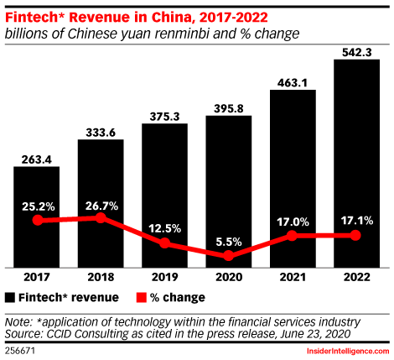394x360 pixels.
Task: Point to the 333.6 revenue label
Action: (x=101, y=130)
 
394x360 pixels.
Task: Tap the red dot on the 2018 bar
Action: (x=101, y=218)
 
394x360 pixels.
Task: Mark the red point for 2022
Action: (x=355, y=236)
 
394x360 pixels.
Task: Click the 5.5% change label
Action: (x=228, y=241)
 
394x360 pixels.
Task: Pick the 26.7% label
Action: (x=101, y=203)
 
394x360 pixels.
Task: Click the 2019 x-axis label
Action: (x=164, y=278)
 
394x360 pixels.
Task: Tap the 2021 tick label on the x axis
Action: (x=292, y=278)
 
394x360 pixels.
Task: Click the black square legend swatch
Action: (x=10, y=297)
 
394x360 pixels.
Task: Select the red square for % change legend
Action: (x=141, y=297)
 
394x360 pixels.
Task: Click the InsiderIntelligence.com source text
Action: (x=346, y=350)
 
